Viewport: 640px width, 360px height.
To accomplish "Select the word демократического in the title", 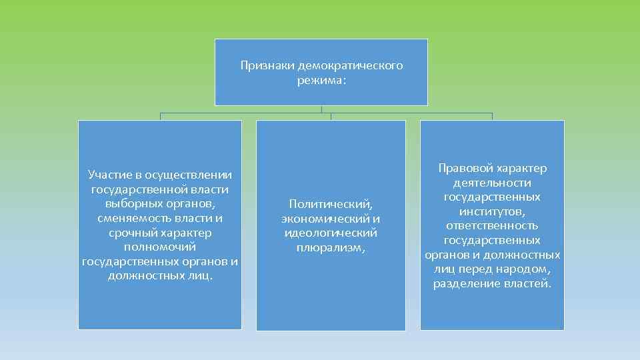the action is coord(351,66).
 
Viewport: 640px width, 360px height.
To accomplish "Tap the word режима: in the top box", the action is coord(322,80).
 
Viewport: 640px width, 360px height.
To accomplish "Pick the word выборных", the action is coord(130,203).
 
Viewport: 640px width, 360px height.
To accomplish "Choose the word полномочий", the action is coord(160,247).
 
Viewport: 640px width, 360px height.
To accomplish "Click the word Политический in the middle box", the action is coord(330,203).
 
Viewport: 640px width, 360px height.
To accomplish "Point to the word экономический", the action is coord(325,218).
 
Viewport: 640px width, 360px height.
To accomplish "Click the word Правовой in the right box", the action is coord(464,168).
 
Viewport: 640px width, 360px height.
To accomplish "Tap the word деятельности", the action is coord(492,182).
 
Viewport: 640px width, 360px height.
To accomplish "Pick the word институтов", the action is coord(492,211).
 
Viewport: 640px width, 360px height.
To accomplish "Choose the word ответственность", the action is coord(492,225).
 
